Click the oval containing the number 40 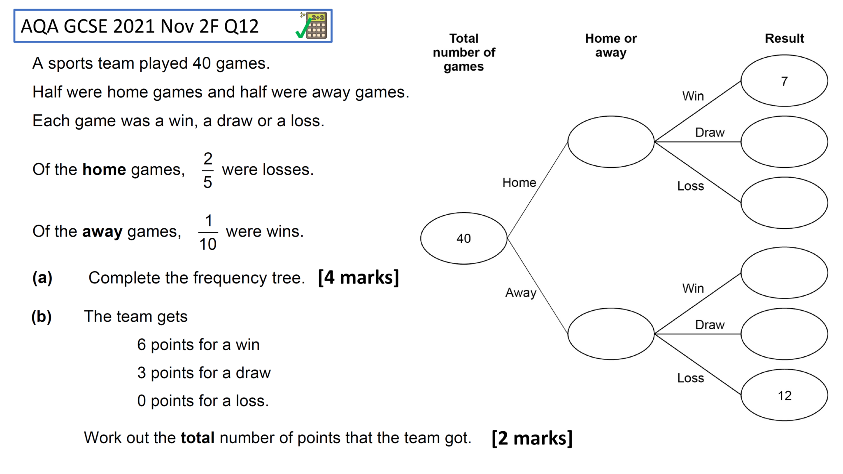[463, 238]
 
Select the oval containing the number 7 [784, 81]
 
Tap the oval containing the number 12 [784, 395]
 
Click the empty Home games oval [610, 142]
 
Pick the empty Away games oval [610, 334]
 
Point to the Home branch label [519, 182]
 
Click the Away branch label [521, 293]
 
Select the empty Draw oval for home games [784, 142]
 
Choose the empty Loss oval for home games [784, 202]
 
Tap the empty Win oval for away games [784, 272]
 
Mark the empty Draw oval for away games [784, 334]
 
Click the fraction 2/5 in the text [208, 170]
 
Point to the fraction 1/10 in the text [208, 232]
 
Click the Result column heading [784, 38]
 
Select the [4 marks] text [358, 278]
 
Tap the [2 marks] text [532, 438]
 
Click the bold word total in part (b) [198, 438]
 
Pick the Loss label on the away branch [690, 378]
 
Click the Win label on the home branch [693, 96]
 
